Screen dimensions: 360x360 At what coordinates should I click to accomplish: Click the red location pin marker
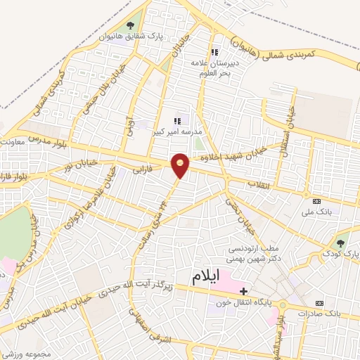(181, 165)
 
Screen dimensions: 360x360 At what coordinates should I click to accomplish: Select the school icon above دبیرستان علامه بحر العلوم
(215, 52)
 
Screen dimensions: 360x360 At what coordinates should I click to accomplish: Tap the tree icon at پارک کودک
(340, 243)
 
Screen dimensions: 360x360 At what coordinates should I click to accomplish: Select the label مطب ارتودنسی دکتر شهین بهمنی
(253, 253)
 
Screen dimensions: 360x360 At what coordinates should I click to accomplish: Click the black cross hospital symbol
(244, 290)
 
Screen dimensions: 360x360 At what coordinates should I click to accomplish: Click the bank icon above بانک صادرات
(320, 303)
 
